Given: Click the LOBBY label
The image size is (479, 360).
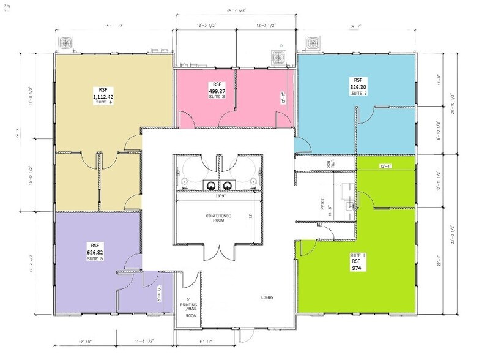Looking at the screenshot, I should pyautogui.click(x=267, y=298).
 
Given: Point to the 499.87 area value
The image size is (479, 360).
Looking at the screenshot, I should pyautogui.click(x=218, y=91).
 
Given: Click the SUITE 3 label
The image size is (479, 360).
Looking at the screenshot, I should pyautogui.click(x=218, y=97).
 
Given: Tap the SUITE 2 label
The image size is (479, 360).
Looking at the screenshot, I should pyautogui.click(x=358, y=94).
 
